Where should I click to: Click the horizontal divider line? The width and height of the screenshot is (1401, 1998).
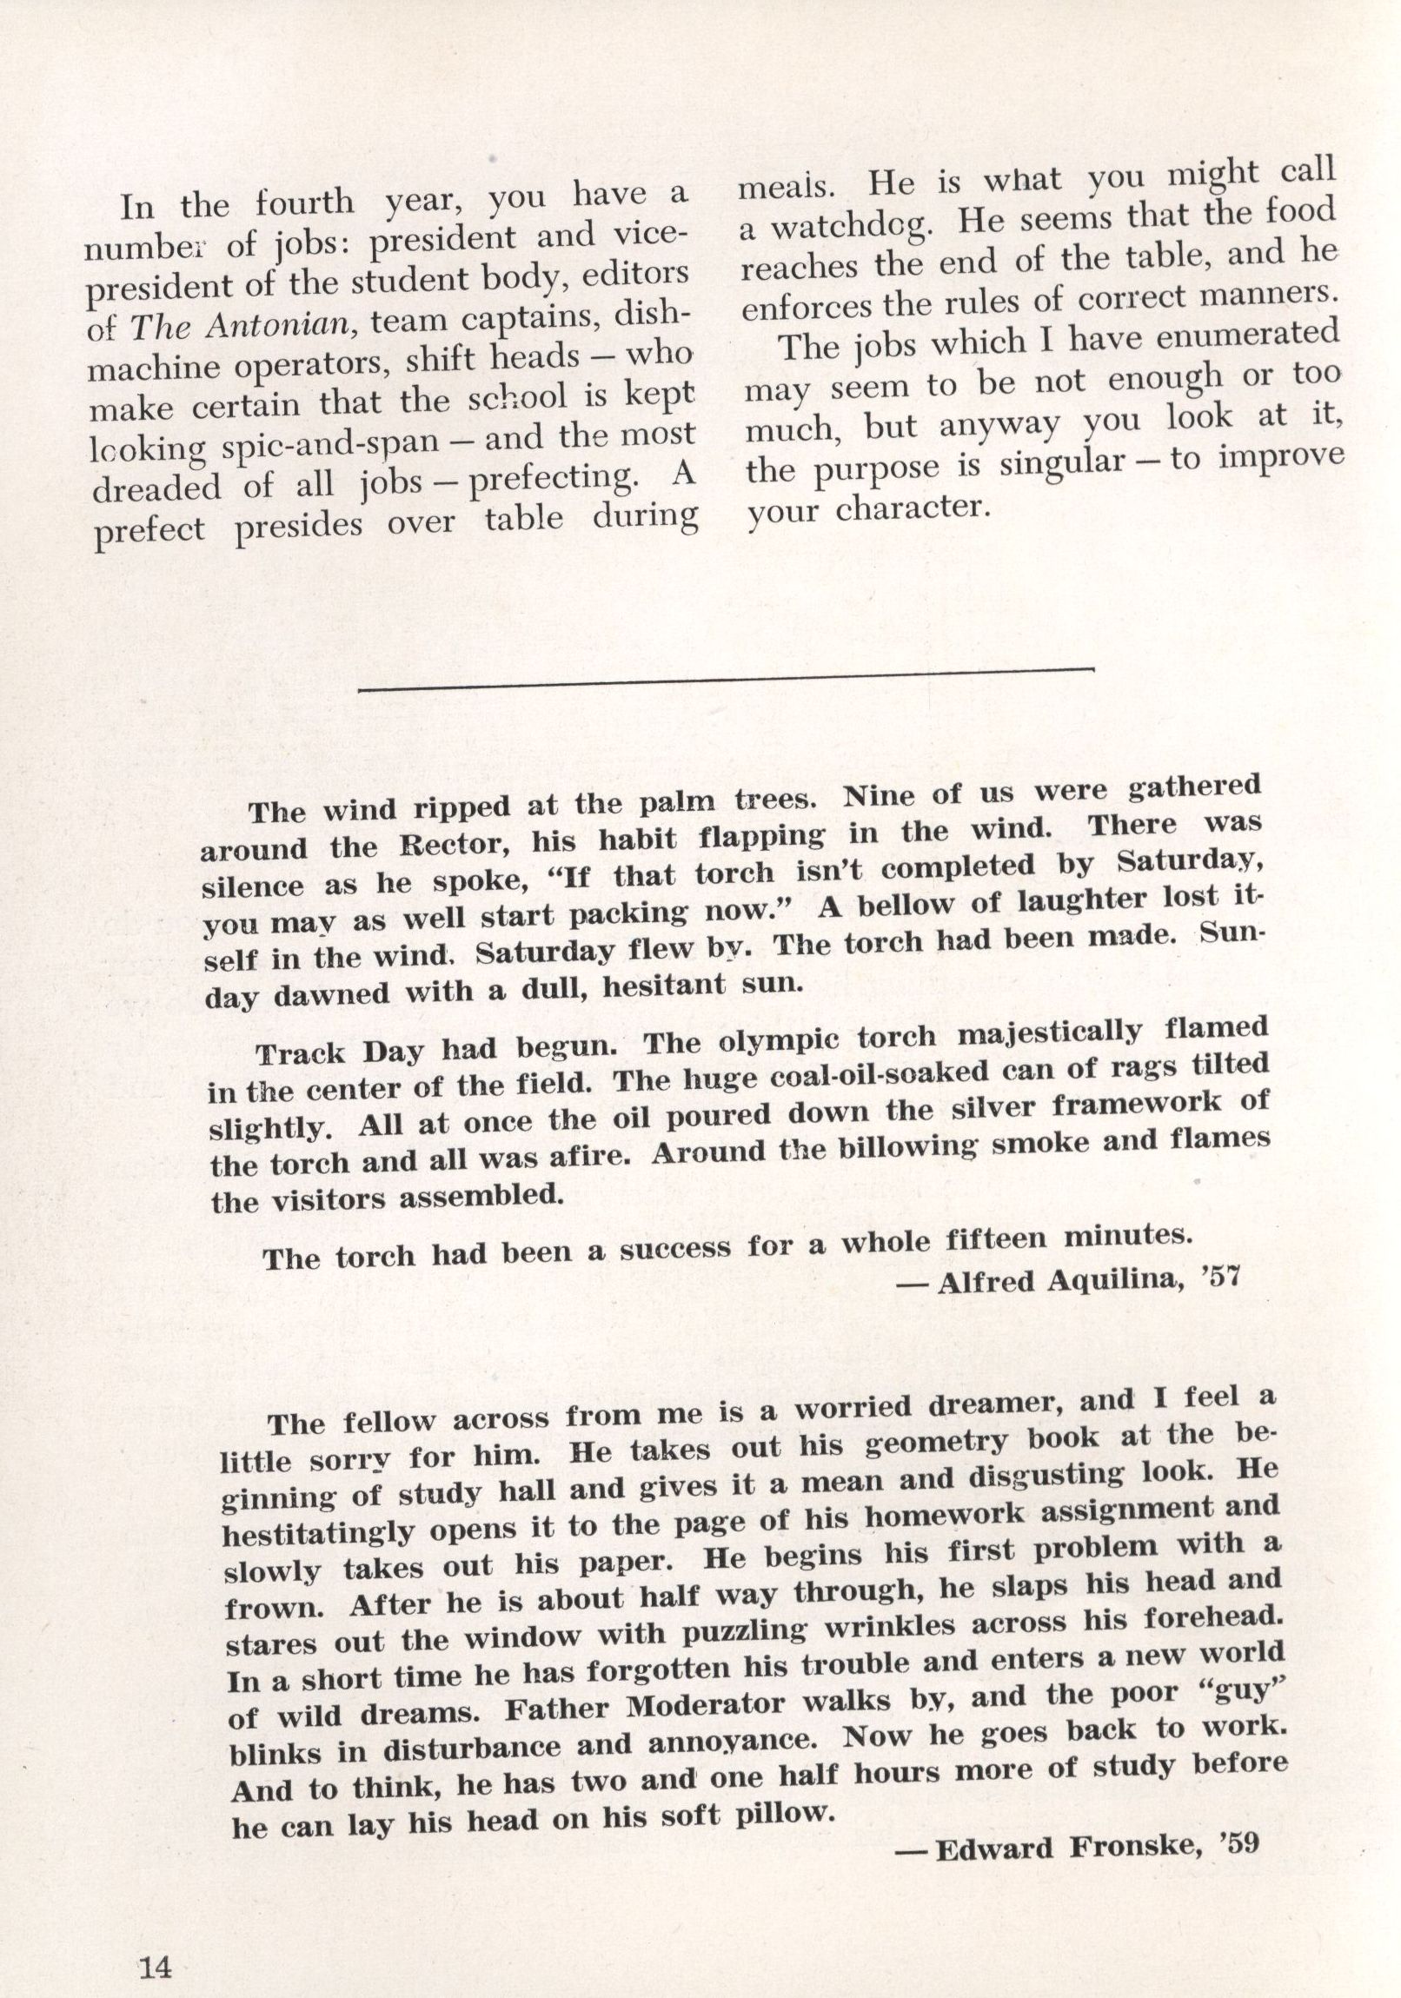pyautogui.click(x=725, y=679)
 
